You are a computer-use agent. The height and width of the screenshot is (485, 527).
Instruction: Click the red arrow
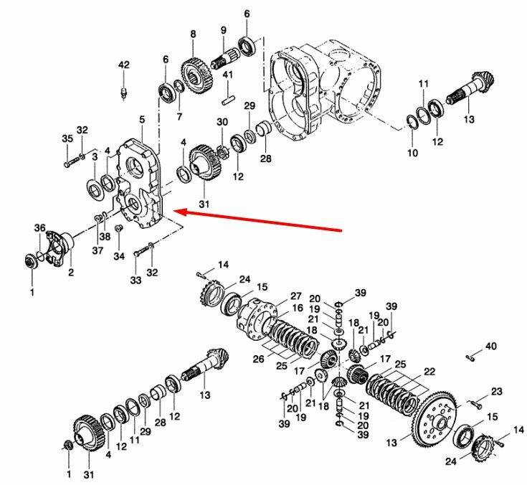pos(259,221)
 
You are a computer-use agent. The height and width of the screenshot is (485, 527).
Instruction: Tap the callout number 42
pos(123,65)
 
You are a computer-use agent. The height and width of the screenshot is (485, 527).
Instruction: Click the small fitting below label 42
pos(123,93)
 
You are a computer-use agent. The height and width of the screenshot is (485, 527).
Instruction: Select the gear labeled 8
pos(197,76)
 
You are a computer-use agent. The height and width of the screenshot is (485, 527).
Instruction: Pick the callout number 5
pos(142,119)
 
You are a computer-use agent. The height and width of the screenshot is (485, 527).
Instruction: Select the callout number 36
pos(39,228)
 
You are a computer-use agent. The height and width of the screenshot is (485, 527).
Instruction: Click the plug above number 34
pos(118,229)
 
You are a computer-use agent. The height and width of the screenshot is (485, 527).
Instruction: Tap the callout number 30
pos(222,122)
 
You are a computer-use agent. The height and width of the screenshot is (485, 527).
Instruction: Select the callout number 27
pos(296,296)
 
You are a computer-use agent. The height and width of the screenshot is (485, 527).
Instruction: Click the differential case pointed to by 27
pos(257,318)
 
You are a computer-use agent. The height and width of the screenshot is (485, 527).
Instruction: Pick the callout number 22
pos(429,372)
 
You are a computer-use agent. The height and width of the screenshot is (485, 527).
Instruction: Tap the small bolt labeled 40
pos(470,358)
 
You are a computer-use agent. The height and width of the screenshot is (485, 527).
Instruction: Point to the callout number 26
pos(258,359)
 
